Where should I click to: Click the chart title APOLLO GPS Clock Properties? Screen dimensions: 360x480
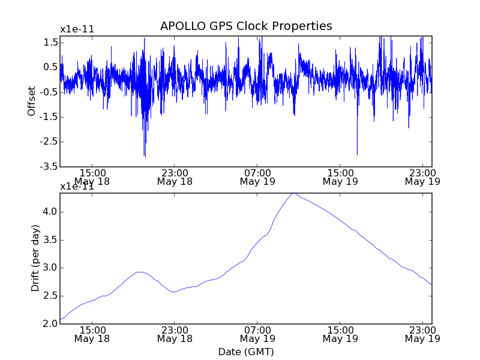tap(246, 26)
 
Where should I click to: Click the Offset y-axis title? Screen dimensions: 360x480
tap(32, 101)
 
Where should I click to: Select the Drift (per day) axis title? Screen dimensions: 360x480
tap(35, 258)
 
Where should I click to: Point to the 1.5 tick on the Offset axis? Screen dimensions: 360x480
tap(50, 42)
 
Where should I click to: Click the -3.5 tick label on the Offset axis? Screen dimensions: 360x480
tap(49, 166)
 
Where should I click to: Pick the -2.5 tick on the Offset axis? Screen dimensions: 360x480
tap(49, 142)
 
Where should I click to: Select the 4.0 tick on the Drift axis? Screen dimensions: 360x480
tap(50, 211)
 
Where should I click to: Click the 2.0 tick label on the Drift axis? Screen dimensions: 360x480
tap(50, 324)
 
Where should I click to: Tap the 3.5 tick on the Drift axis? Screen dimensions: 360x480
tap(50, 239)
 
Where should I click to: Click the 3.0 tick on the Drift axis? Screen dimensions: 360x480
tap(50, 268)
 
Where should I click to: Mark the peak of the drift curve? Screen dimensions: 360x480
tap(293, 193)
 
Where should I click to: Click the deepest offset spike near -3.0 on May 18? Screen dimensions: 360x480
tap(145, 156)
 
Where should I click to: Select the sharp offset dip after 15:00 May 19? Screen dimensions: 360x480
tap(357, 154)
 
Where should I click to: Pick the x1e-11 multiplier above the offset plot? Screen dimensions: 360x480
tap(77, 29)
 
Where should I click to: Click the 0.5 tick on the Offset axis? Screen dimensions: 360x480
tap(50, 67)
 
